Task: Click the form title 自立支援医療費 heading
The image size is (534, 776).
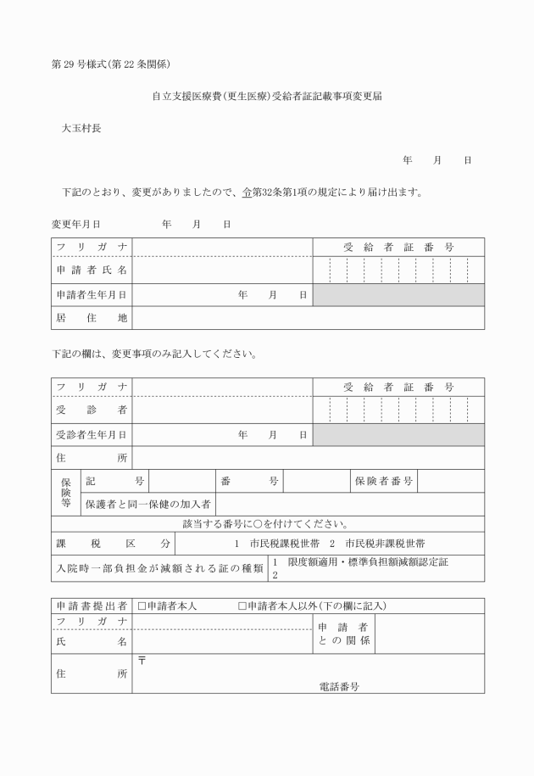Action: (266, 97)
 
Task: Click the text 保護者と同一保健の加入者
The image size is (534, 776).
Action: (148, 505)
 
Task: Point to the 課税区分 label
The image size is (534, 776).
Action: (113, 543)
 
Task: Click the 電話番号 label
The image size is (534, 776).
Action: (338, 686)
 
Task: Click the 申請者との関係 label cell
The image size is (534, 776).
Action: (343, 633)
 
